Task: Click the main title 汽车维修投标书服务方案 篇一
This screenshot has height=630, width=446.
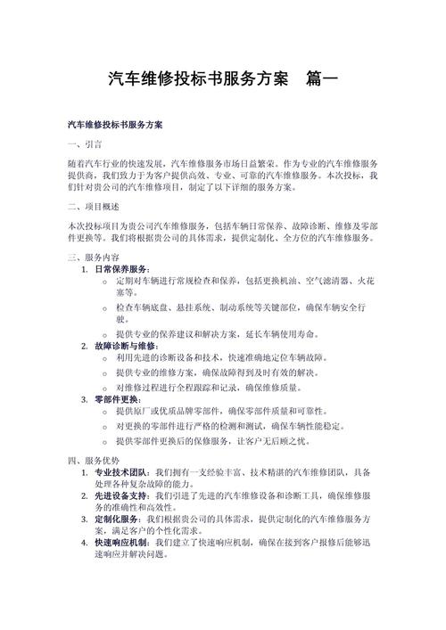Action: pyautogui.click(x=222, y=78)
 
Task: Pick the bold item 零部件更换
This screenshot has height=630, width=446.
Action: pyautogui.click(x=119, y=400)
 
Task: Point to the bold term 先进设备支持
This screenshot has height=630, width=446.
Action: pyautogui.click(x=122, y=495)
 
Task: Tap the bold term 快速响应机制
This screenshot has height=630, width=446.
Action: pyautogui.click(x=122, y=542)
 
